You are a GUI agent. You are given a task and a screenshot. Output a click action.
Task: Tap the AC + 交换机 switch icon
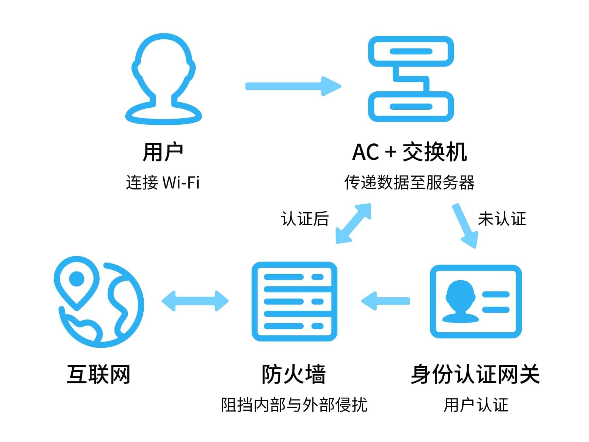pos(411,79)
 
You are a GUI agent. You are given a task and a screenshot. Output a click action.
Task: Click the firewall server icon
pos(294,301)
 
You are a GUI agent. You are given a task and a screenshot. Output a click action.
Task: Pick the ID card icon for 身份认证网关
pos(475,301)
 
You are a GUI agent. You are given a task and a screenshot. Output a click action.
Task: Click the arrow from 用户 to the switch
pos(293,86)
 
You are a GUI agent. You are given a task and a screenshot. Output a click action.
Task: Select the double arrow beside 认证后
pos(353,223)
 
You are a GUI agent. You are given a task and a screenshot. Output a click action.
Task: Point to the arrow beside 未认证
pos(466,226)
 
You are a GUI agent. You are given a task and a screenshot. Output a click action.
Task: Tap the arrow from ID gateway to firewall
pos(385,301)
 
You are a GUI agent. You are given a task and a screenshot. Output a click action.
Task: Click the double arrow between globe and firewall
pos(195,301)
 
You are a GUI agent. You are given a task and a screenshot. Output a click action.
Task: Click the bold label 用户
pos(163,152)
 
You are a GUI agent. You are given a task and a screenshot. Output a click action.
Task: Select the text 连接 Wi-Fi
pos(163,182)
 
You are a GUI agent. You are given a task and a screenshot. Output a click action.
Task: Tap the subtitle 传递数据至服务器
pos(409,182)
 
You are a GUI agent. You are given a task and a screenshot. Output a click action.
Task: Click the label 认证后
pos(305,218)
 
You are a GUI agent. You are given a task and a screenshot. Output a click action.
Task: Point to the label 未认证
pos(502,218)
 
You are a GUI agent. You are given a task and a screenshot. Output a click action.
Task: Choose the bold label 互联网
pos(98,374)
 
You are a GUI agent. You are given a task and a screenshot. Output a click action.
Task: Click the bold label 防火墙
pos(294,374)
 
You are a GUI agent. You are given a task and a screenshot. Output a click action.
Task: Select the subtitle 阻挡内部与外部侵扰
pos(294,405)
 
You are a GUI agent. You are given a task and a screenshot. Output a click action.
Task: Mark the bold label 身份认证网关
pos(475,374)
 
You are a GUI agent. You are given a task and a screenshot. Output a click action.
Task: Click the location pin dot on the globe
pos(77,279)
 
